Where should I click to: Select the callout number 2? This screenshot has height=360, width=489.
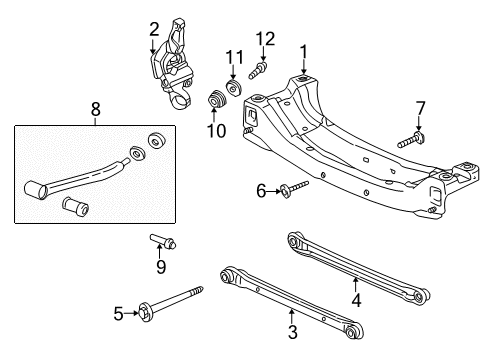[154, 29]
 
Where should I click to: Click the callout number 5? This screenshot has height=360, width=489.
[118, 313]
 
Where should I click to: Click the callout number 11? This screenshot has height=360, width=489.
[233, 57]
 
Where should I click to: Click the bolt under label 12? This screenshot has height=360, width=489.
[258, 70]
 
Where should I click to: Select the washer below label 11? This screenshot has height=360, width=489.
[234, 89]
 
